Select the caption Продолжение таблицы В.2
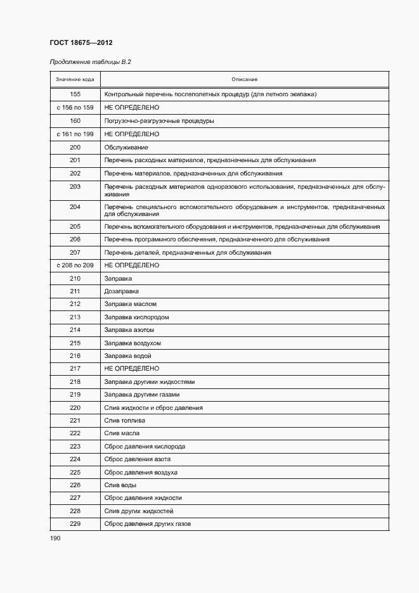pyautogui.click(x=90, y=61)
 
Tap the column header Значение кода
pyautogui.click(x=75, y=79)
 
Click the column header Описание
pyautogui.click(x=244, y=79)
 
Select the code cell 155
pyautogui.click(x=75, y=94)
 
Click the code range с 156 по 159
pyautogui.click(x=75, y=108)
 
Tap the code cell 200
pyautogui.click(x=75, y=147)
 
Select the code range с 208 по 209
pyautogui.click(x=75, y=265)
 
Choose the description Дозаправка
pyautogui.click(x=121, y=291)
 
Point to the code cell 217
pyautogui.click(x=75, y=369)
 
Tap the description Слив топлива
pyautogui.click(x=124, y=421)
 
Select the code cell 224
pyautogui.click(x=75, y=459)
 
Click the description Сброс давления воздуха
pyautogui.click(x=141, y=473)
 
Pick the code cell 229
pyautogui.click(x=75, y=524)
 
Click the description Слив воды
pyautogui.click(x=120, y=485)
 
